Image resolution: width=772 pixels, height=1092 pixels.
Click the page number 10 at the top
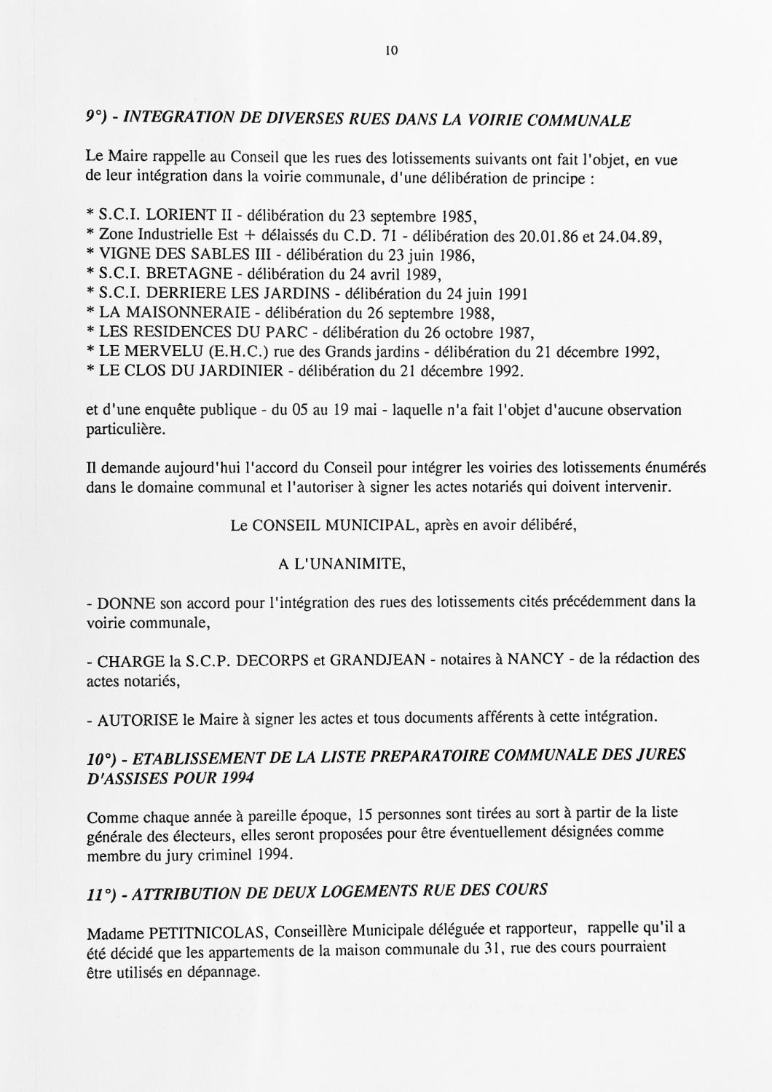coord(390,51)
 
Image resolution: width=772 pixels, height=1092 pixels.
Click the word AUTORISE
coord(138,721)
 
